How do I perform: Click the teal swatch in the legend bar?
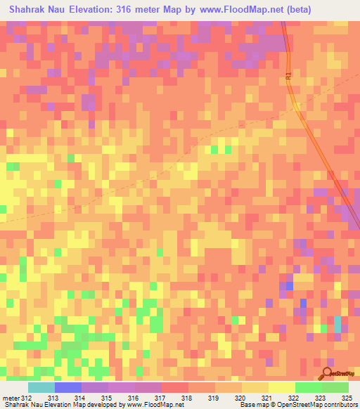(x=41, y=387)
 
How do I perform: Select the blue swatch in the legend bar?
(x=67, y=387)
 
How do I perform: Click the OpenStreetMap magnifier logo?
(x=327, y=375)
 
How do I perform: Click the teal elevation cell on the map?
(x=337, y=324)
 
